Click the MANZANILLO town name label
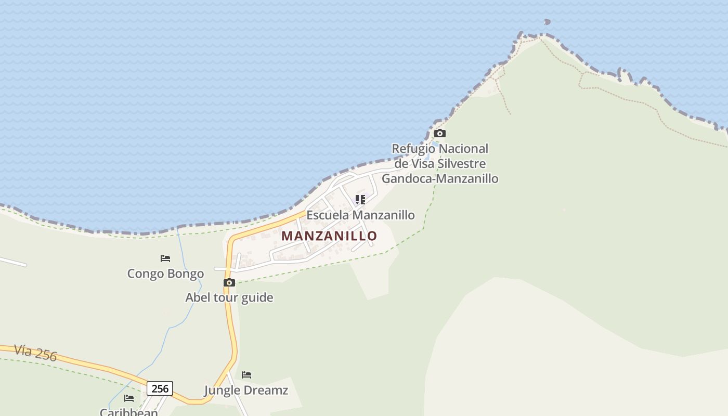click(x=329, y=236)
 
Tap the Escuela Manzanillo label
click(x=360, y=215)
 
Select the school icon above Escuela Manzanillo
click(x=360, y=199)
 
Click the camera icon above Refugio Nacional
click(x=440, y=134)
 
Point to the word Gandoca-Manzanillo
click(x=440, y=178)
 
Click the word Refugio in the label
click(x=412, y=149)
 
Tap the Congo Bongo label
click(x=165, y=274)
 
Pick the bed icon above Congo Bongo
click(x=165, y=258)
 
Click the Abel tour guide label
click(x=229, y=297)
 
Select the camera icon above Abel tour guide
click(x=229, y=283)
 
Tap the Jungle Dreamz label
click(x=246, y=390)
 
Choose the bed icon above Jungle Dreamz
click(x=246, y=374)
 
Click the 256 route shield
click(x=160, y=388)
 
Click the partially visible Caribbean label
click(x=129, y=412)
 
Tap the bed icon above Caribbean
click(x=129, y=398)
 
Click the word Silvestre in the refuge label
click(x=462, y=164)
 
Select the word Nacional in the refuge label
click(x=462, y=149)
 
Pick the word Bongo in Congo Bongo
click(x=185, y=274)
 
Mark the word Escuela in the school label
click(x=328, y=215)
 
